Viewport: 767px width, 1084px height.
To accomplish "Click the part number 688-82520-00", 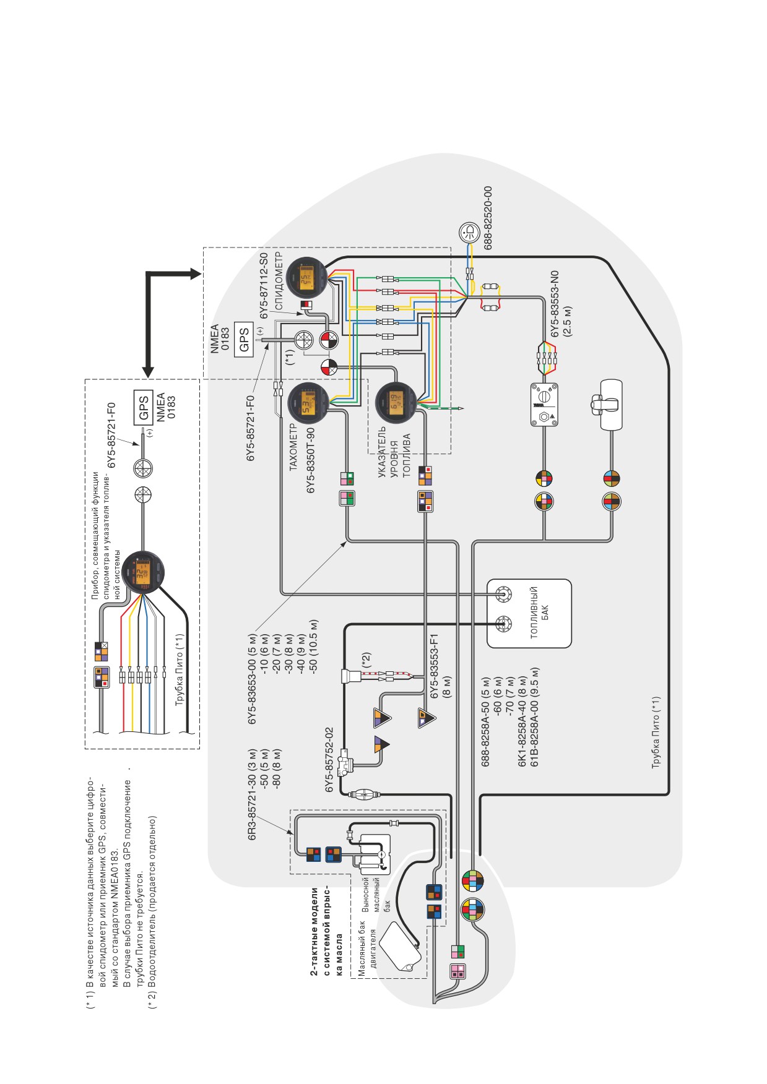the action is click(488, 218).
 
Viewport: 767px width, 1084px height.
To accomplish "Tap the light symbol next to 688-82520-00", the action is click(469, 233).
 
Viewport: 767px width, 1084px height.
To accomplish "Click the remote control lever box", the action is click(611, 405).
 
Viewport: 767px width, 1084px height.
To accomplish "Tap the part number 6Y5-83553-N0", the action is click(555, 303).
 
